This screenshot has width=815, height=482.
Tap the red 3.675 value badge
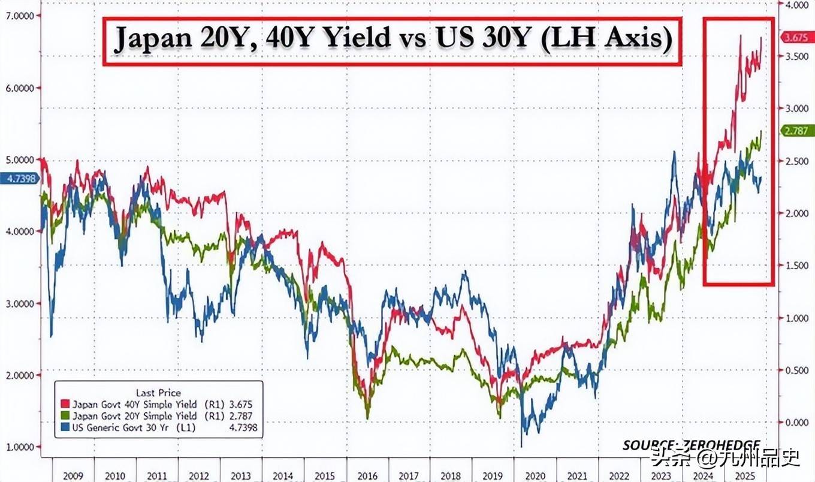(796, 37)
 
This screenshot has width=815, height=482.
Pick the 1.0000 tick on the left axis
(19, 447)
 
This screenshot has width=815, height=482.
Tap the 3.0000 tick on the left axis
(19, 303)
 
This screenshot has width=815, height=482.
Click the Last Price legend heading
(159, 393)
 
